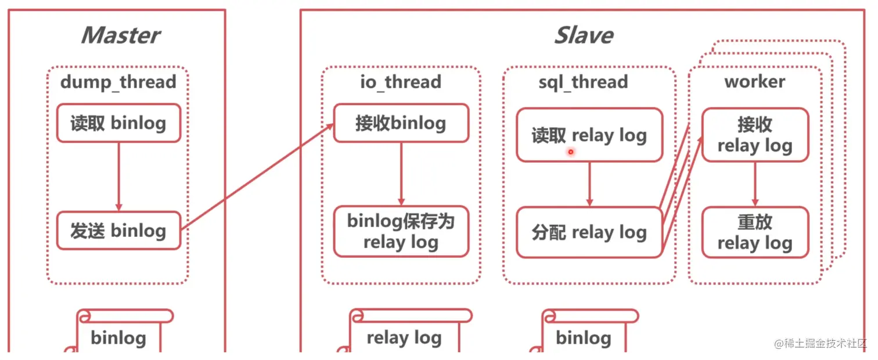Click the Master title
click(x=120, y=35)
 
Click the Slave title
click(x=584, y=35)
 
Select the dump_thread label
click(x=118, y=82)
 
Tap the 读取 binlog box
click(x=118, y=123)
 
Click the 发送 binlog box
click(x=118, y=231)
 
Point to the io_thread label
click(x=401, y=82)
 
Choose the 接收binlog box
click(x=401, y=123)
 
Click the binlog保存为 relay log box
click(x=401, y=231)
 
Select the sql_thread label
click(x=583, y=82)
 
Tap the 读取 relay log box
click(x=589, y=135)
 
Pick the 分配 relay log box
click(x=589, y=232)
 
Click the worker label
click(x=754, y=82)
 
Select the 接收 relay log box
click(x=755, y=135)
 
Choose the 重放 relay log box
click(x=755, y=232)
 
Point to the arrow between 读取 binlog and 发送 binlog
click(x=118, y=177)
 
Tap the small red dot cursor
click(x=571, y=152)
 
